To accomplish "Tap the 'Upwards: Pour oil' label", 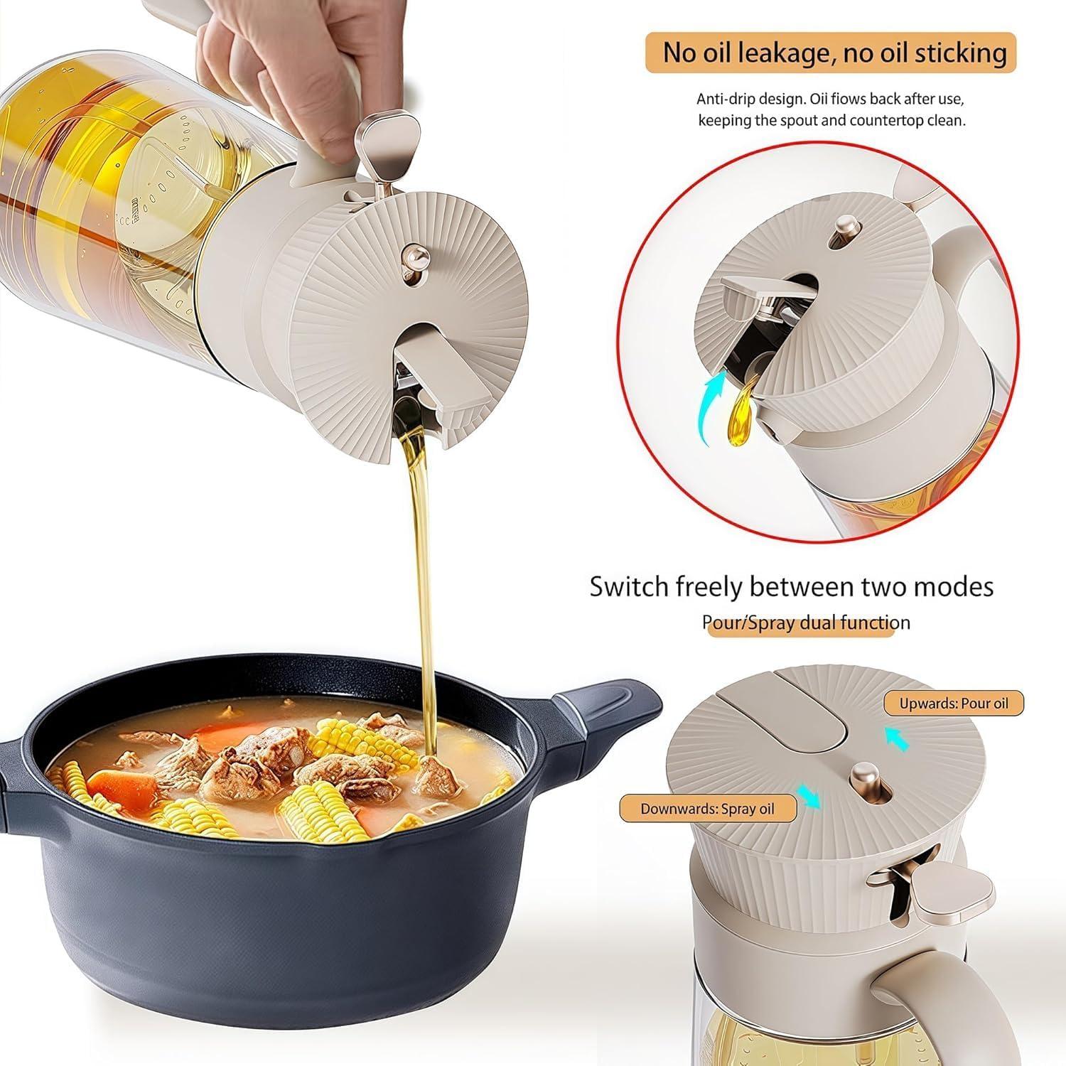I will tap(954, 704).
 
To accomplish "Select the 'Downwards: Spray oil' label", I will tap(707, 809).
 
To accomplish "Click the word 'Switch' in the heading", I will tap(628, 587).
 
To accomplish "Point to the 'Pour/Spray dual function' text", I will tap(806, 623).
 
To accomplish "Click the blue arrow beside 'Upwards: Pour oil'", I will tap(898, 739).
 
